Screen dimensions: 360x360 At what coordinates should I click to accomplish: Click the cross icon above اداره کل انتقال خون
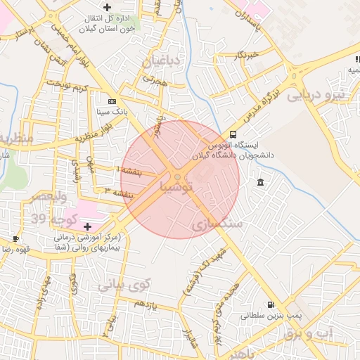(107, 7)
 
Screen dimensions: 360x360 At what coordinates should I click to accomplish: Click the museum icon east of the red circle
(261, 183)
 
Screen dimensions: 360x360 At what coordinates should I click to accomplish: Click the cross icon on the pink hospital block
(87, 226)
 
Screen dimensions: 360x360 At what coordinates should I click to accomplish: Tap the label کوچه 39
(48, 220)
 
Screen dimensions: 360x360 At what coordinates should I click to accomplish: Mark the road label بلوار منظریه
(97, 131)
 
